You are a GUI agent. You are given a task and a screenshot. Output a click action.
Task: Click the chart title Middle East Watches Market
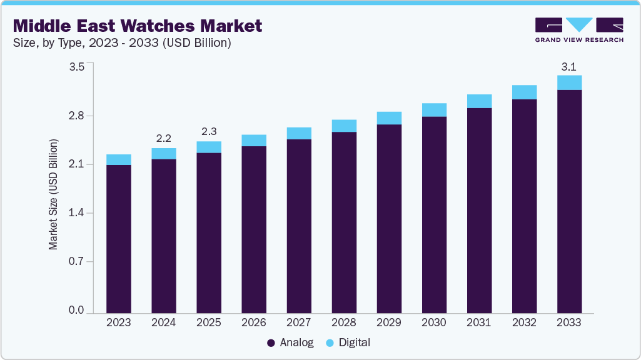click(138, 26)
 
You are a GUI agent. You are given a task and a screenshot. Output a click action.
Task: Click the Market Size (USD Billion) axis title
click(54, 194)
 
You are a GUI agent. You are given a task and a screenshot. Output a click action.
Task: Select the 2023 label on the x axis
click(118, 323)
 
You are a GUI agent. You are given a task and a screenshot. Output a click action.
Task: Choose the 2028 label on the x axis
click(344, 323)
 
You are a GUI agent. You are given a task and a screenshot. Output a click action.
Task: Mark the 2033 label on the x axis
click(569, 323)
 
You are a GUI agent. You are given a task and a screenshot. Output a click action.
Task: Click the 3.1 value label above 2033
click(569, 66)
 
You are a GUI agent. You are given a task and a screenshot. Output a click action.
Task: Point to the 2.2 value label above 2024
click(163, 138)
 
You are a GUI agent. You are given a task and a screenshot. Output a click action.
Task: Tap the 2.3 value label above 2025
click(208, 132)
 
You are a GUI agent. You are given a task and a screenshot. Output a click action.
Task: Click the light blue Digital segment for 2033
click(569, 82)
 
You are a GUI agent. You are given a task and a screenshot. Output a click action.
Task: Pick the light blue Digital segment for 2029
click(389, 118)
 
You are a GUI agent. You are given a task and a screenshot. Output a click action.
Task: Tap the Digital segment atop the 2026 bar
click(253, 140)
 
